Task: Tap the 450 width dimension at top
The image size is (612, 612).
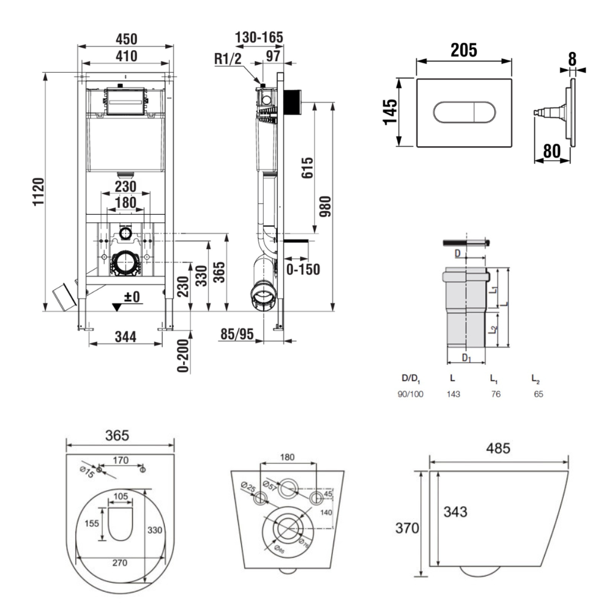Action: tap(127, 39)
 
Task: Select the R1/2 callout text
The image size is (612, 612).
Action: tap(228, 59)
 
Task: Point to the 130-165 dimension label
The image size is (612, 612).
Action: tap(259, 37)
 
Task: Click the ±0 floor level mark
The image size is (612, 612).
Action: tap(132, 297)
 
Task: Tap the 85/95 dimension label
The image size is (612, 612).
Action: tap(237, 334)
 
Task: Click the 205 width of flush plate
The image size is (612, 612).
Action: tap(463, 50)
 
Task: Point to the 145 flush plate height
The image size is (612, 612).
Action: tap(392, 112)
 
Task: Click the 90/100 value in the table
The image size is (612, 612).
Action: tap(410, 395)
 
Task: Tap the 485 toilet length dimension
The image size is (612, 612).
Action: tap(498, 449)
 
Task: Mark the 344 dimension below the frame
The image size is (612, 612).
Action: tap(127, 335)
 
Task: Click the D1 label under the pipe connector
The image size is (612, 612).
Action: tap(466, 357)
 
